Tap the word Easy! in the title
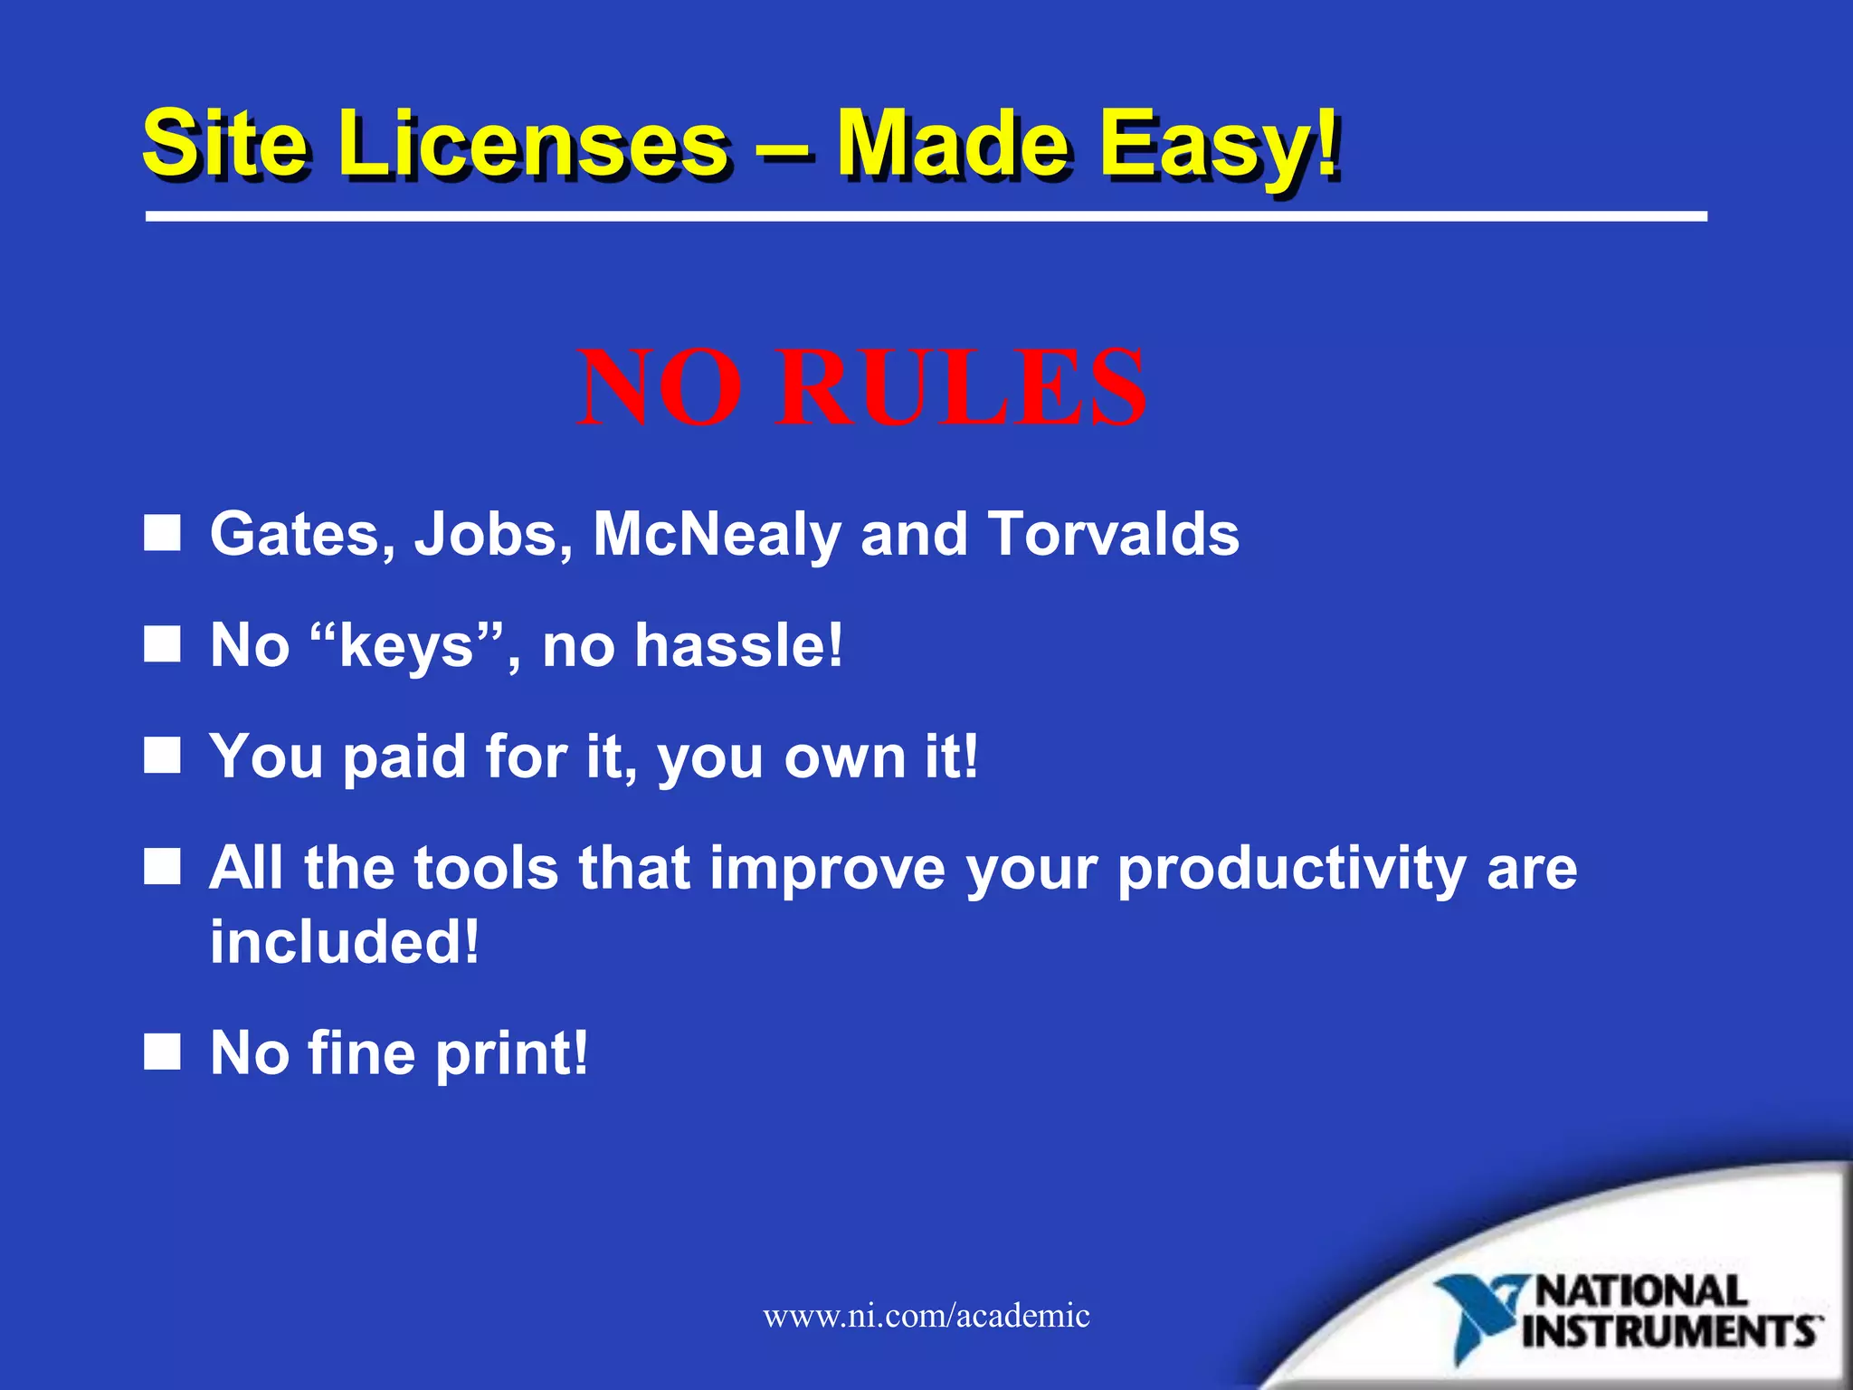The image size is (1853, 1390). pos(1220,145)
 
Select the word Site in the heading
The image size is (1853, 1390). pos(225,145)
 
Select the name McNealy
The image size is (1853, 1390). pos(717,534)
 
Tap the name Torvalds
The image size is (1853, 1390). pos(1114,534)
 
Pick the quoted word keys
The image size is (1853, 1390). pos(406,646)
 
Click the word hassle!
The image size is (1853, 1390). pos(738,646)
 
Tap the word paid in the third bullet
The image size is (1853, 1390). pos(404,757)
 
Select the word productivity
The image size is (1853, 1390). pos(1291,869)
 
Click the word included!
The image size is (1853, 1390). pos(344,943)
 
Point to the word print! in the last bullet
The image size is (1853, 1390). pos(512,1053)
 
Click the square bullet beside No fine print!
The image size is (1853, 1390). pos(163,1052)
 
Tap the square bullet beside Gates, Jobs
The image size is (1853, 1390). pos(163,533)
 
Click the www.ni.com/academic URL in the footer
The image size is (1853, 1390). pos(926,1315)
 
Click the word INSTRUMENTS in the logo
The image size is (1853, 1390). pos(1670,1332)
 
